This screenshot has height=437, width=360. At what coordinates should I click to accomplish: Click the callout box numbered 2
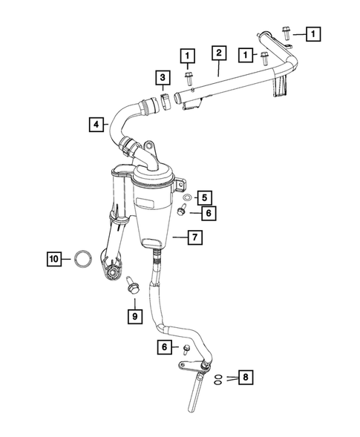(x=218, y=53)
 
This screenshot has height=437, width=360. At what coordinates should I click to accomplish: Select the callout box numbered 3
(x=161, y=77)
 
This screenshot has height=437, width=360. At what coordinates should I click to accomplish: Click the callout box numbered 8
(x=246, y=378)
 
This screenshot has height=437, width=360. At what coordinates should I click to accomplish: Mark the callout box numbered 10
(x=53, y=259)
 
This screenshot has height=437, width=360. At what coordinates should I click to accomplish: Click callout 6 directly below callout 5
(x=209, y=212)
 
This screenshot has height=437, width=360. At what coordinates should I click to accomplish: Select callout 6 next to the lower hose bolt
(x=163, y=346)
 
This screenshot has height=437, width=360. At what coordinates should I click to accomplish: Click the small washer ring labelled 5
(x=186, y=197)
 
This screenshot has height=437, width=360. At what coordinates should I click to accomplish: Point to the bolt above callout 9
(x=132, y=283)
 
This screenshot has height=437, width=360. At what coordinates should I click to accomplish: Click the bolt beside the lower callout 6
(x=186, y=348)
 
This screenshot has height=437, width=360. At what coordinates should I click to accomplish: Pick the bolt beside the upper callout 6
(x=182, y=211)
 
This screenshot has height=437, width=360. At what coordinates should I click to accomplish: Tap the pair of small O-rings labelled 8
(x=217, y=378)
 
